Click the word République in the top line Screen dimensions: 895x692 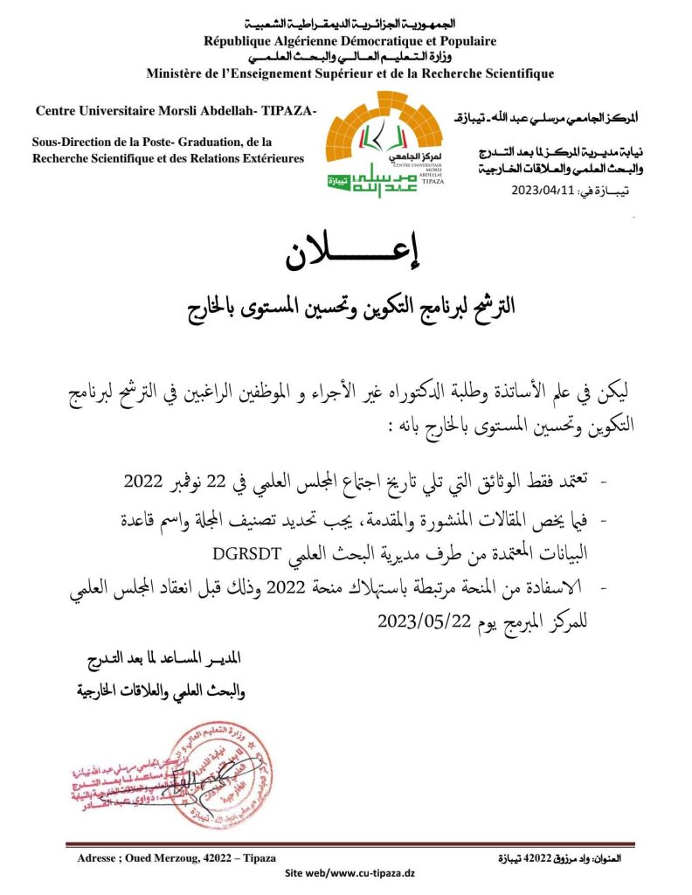click(x=239, y=41)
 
